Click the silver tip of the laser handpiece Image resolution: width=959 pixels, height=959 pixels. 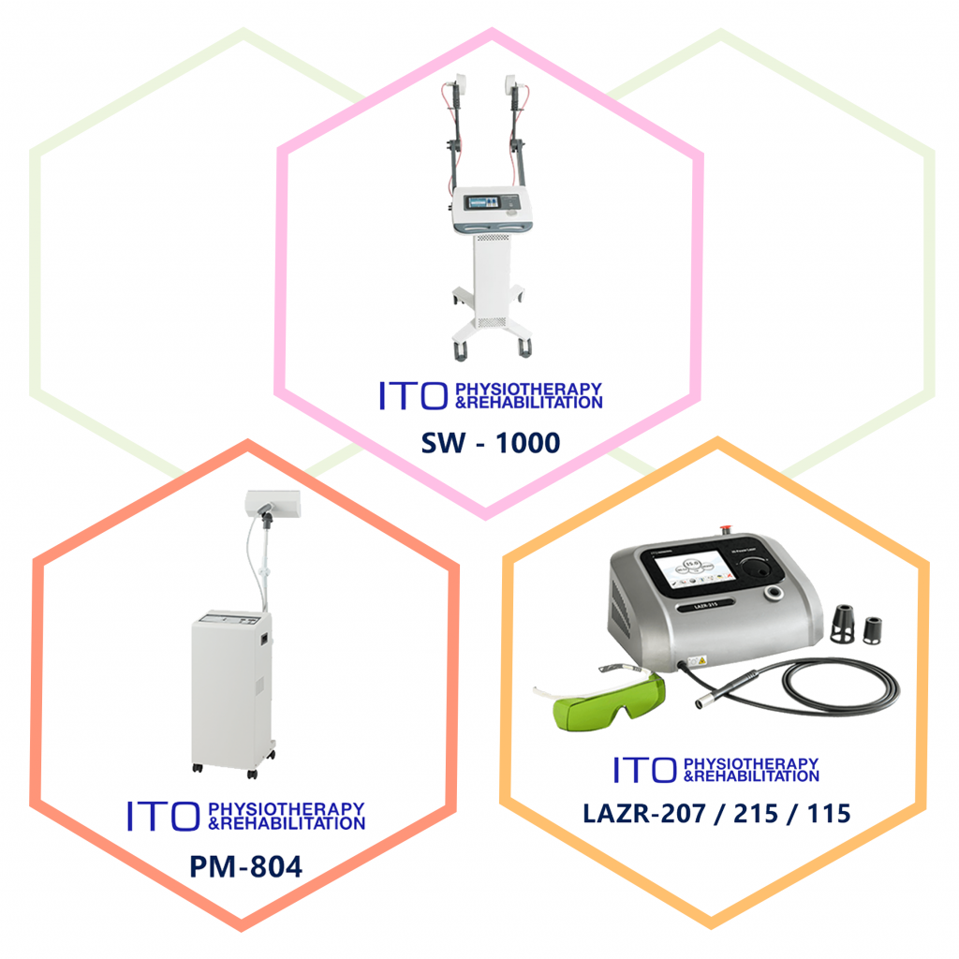point(705,698)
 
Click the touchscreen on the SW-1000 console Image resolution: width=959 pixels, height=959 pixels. point(480,201)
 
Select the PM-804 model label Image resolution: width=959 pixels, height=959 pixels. point(245,865)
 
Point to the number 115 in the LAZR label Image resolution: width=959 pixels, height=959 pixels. point(826,813)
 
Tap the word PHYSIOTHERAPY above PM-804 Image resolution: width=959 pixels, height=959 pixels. point(287,808)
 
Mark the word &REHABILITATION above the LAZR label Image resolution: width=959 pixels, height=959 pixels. point(751,775)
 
